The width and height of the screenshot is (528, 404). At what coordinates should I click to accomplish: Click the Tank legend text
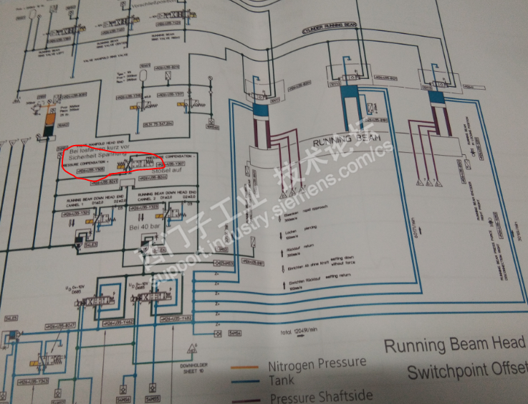[281, 380]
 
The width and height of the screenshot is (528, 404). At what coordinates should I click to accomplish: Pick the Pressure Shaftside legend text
[320, 395]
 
